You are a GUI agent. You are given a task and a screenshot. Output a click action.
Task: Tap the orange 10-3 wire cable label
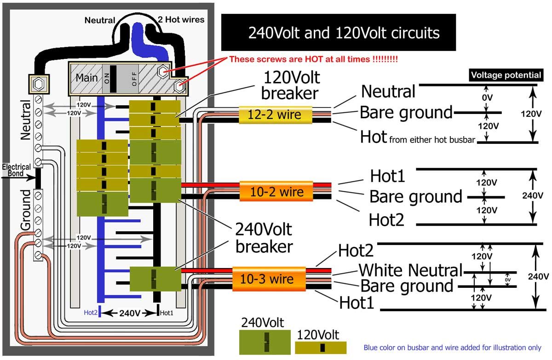[x=269, y=279]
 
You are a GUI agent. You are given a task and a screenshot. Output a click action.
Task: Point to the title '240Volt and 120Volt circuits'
[x=338, y=33]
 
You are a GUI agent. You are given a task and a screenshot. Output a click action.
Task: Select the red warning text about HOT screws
[x=313, y=59]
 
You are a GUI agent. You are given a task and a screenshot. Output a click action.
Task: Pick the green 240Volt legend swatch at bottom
[x=264, y=342]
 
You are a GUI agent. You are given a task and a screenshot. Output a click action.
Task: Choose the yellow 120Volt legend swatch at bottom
[x=321, y=347]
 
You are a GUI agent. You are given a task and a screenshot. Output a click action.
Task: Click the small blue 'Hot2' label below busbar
[x=90, y=313]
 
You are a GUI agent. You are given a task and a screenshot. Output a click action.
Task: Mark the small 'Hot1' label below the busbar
[x=167, y=313]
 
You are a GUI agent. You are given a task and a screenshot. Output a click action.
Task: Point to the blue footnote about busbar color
[x=452, y=348]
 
